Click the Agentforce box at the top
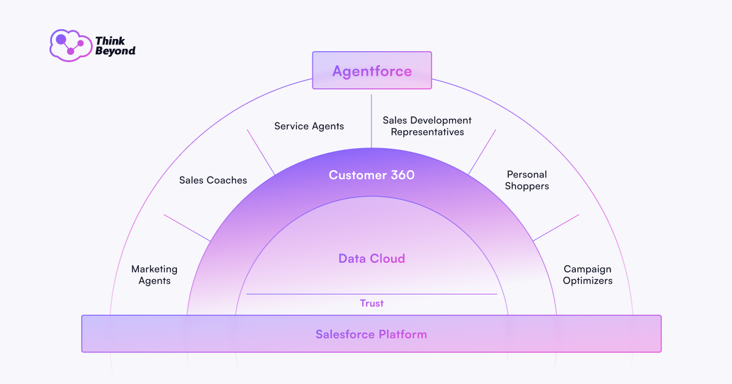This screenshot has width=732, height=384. [x=371, y=71]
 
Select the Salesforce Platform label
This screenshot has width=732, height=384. [x=371, y=334]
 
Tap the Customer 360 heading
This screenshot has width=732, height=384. [x=371, y=175]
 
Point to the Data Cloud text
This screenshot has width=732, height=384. [x=371, y=258]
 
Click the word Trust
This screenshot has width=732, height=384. [x=371, y=303]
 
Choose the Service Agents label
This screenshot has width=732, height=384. [x=309, y=126]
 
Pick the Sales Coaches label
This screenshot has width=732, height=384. [x=213, y=180]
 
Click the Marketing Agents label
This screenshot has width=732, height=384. [x=154, y=275]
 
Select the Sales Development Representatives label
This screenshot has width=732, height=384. [x=427, y=126]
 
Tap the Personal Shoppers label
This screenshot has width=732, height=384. [x=527, y=180]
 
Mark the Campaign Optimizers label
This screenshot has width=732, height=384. [x=587, y=275]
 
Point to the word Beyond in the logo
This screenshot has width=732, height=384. [x=115, y=51]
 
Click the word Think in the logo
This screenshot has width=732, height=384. [x=110, y=41]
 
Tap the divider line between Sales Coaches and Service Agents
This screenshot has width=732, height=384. [x=261, y=152]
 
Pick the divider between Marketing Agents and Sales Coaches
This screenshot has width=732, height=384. [x=187, y=227]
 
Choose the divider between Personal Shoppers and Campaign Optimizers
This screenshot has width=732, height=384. [x=556, y=227]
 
